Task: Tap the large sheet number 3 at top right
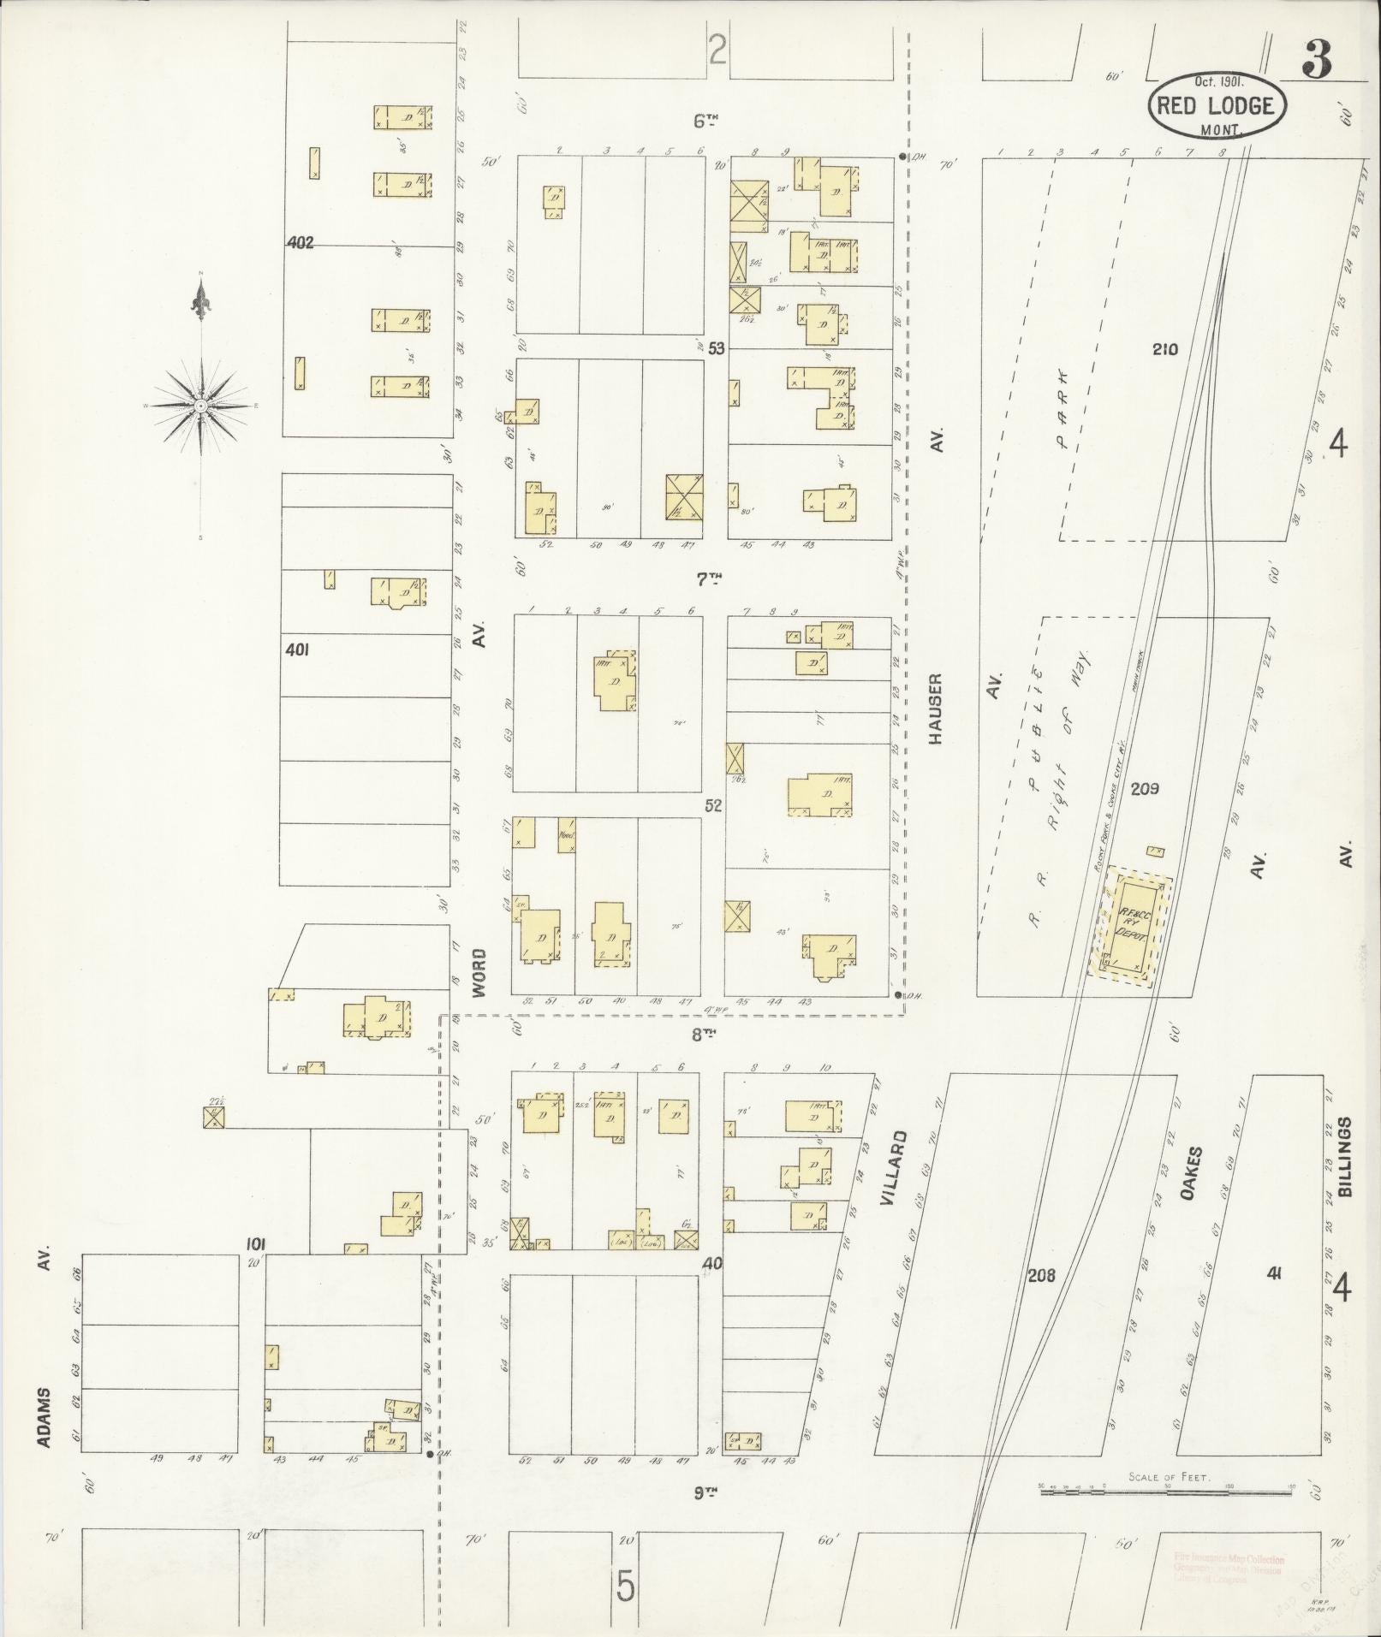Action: (x=1317, y=59)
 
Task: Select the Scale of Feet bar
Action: (x=1166, y=1492)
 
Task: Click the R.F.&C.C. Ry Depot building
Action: (x=1131, y=927)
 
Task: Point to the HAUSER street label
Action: (x=936, y=709)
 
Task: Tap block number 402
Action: (x=300, y=243)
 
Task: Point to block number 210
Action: (x=1165, y=349)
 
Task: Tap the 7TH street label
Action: (x=708, y=579)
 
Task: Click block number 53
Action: (x=715, y=348)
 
